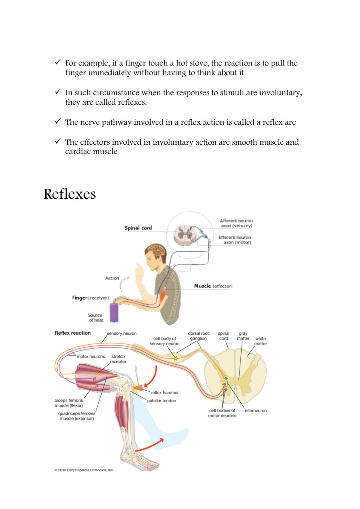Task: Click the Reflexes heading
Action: click(70, 194)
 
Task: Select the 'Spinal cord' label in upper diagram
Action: click(138, 228)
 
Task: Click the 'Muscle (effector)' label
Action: click(213, 286)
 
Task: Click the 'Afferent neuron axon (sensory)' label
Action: click(236, 223)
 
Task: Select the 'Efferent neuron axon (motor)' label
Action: click(235, 240)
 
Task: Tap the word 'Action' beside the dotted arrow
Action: click(112, 278)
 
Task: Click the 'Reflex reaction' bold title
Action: click(72, 333)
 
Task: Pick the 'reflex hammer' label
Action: click(164, 393)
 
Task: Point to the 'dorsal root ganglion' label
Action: click(198, 336)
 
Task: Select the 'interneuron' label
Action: click(256, 410)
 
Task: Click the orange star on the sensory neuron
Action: click(175, 359)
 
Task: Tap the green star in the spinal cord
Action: click(226, 378)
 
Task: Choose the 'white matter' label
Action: click(260, 341)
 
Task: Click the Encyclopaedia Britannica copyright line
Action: click(84, 470)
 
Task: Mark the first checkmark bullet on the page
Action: click(58, 63)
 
